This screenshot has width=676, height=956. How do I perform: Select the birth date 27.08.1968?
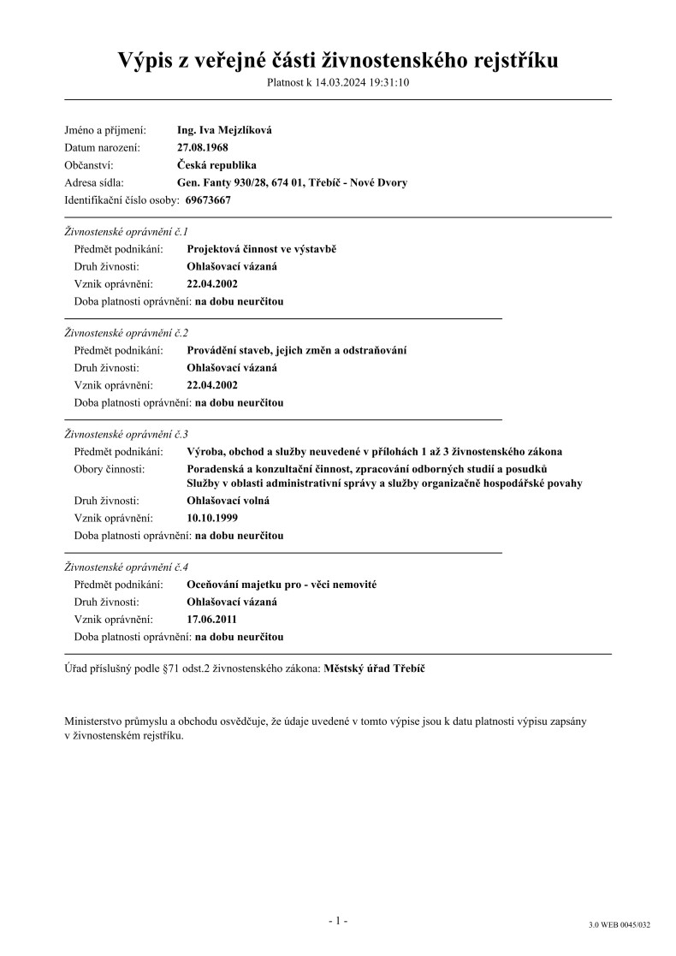tap(202, 148)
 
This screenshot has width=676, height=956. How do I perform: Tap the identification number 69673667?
tap(208, 200)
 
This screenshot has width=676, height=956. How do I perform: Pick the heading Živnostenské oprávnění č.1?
tap(127, 232)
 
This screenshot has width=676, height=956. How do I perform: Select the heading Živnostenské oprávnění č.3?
tap(127, 435)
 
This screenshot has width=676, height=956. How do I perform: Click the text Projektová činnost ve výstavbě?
tap(262, 249)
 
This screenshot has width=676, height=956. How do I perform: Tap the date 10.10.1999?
tap(212, 519)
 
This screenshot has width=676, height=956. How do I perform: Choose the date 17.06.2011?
tap(212, 620)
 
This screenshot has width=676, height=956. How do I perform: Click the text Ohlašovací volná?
tap(228, 501)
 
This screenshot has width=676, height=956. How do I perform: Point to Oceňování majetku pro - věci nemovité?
tap(282, 585)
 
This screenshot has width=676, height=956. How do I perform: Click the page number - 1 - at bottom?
tap(338, 921)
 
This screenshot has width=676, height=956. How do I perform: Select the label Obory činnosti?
tap(110, 469)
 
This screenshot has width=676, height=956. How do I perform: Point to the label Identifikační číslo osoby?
tap(122, 200)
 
